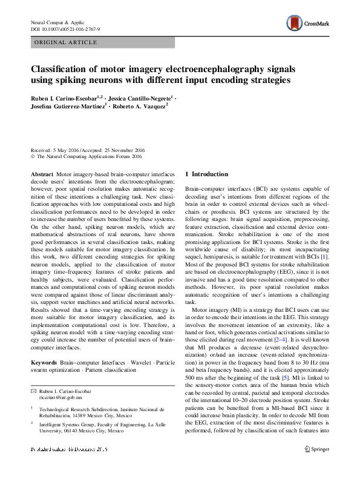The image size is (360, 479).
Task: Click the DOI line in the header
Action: coord(65,28)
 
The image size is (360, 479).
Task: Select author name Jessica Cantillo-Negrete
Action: coord(142,97)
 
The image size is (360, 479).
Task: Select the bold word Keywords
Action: coord(44,362)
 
